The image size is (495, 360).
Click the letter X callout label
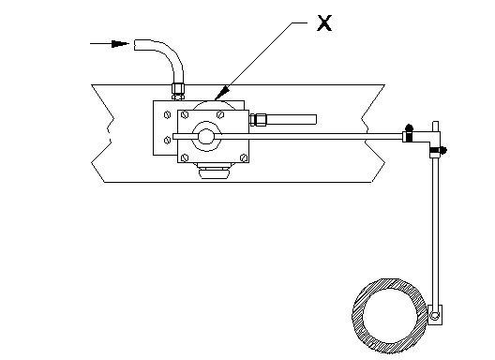324,23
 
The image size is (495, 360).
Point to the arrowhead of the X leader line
222,92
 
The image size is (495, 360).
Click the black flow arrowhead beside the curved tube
120,43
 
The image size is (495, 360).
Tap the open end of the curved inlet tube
135,45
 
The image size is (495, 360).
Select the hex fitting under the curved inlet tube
178,91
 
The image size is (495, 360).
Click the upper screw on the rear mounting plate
167,114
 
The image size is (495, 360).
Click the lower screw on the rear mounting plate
167,141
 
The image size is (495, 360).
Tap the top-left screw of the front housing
186,114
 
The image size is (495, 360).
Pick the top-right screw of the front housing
220,114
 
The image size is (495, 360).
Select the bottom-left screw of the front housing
186,157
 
